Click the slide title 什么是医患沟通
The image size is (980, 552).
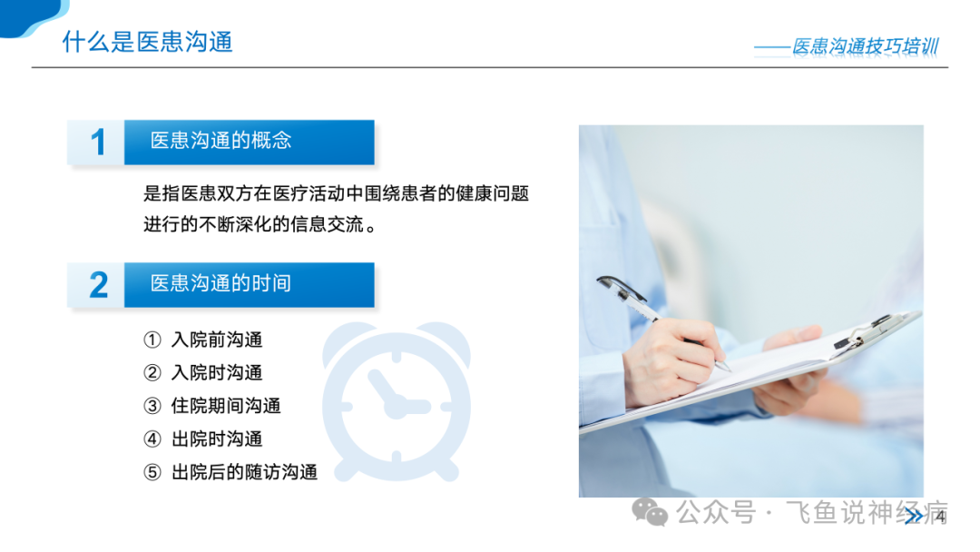[x=148, y=42]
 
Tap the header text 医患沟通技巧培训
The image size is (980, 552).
[x=866, y=46]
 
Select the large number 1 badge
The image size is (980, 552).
[x=97, y=143]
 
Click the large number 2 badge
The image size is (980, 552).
[x=98, y=285]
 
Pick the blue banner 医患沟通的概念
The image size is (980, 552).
[x=250, y=143]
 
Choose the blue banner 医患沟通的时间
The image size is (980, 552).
[x=250, y=285]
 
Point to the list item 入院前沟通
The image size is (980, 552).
[x=217, y=340]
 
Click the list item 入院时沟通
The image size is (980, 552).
[x=217, y=372]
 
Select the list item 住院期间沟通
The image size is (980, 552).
[x=226, y=406]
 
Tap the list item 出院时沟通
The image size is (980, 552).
[x=217, y=439]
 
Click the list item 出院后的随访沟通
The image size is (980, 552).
[x=244, y=472]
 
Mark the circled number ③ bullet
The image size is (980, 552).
[x=152, y=407]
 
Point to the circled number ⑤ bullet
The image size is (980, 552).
[x=152, y=473]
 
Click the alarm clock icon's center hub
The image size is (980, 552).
[x=396, y=408]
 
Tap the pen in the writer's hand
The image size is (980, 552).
[x=661, y=322]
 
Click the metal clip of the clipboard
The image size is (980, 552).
[x=868, y=332]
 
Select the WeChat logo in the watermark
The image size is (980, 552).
[x=650, y=513]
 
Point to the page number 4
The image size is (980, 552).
[x=940, y=517]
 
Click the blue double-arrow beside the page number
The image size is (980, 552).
[x=913, y=517]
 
